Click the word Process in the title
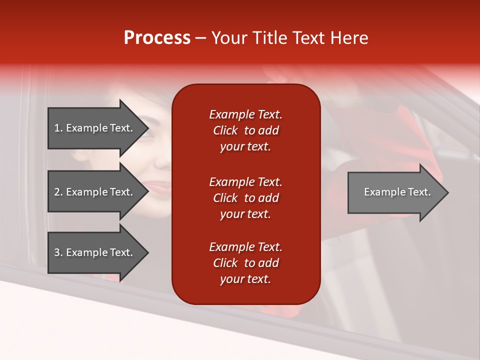(x=157, y=37)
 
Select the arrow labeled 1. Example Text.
(x=95, y=128)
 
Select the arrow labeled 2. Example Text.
(x=95, y=192)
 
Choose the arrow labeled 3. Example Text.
(x=95, y=252)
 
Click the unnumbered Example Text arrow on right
(x=395, y=192)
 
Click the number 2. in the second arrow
(x=58, y=192)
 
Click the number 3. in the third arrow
(x=58, y=252)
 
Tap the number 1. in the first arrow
(x=58, y=128)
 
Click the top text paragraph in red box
(x=245, y=130)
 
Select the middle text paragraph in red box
(x=245, y=198)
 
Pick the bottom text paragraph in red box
(x=245, y=263)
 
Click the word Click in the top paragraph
(x=225, y=130)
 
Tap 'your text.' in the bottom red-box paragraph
(x=245, y=279)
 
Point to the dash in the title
(x=200, y=38)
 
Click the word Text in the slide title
(x=308, y=37)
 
